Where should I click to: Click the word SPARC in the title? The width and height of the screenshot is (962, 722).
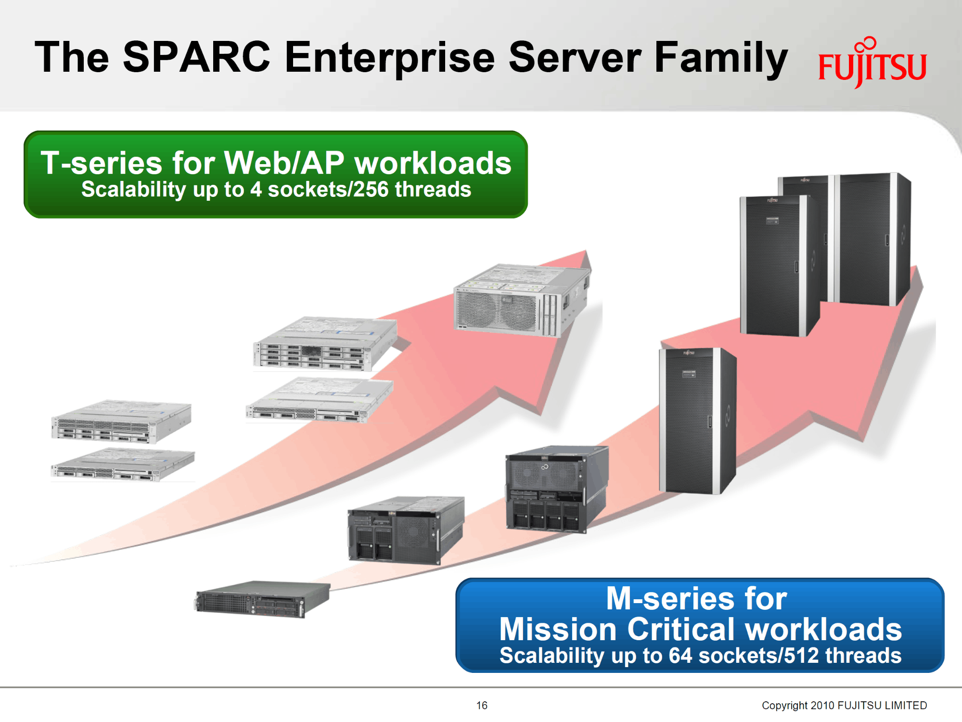[x=196, y=57]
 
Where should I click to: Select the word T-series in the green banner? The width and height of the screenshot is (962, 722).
[x=102, y=163]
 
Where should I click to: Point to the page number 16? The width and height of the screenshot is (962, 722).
[x=482, y=705]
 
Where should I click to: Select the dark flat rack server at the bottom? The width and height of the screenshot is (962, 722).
[x=262, y=600]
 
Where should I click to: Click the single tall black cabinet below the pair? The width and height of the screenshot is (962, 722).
[x=697, y=420]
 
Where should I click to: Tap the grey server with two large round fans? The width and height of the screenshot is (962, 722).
[x=523, y=300]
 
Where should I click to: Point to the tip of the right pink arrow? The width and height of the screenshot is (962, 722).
[x=917, y=266]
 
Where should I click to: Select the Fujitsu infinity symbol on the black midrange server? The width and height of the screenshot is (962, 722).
[x=545, y=467]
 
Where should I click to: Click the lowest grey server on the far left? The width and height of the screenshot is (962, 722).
[x=123, y=464]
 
